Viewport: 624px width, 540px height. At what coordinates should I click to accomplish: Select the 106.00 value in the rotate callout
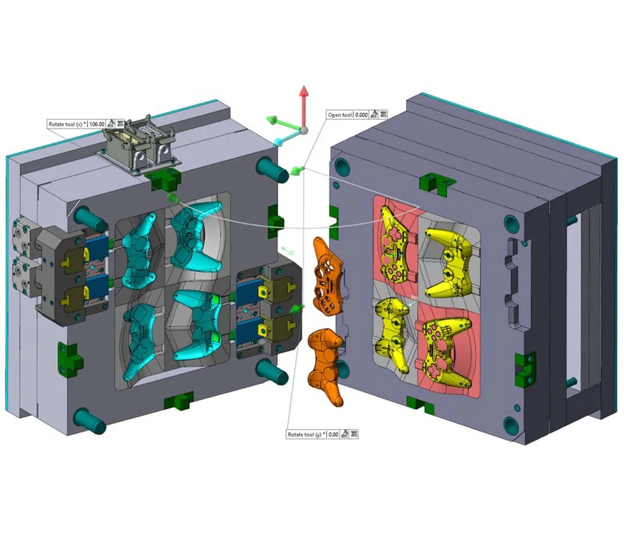click(97, 124)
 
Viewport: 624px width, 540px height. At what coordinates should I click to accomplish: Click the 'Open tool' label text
click(340, 115)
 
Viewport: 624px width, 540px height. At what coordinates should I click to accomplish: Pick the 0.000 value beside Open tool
click(361, 115)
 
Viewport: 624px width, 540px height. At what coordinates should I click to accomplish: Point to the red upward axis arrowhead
click(304, 91)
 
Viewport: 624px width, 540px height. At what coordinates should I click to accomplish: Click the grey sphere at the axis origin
click(304, 130)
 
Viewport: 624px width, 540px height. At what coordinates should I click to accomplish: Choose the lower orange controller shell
click(326, 366)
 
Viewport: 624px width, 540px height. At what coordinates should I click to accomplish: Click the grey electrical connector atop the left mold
click(139, 146)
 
